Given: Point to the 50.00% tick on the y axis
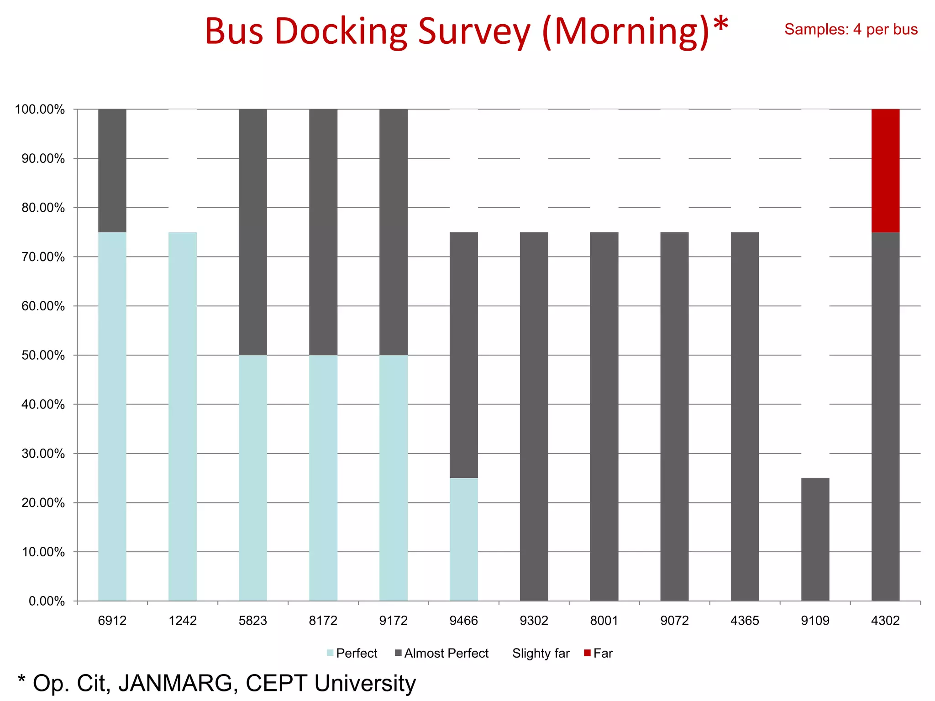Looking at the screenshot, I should click(x=43, y=355).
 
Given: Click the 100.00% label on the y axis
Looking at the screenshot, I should click(x=40, y=110).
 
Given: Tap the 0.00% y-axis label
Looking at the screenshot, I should click(x=47, y=601).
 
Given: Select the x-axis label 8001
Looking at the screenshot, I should click(x=604, y=621).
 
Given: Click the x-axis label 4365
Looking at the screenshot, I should click(x=745, y=621).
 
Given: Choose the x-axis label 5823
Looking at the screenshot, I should click(x=252, y=621).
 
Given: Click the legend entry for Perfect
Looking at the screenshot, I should click(x=356, y=653).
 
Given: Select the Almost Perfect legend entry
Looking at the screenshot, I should click(x=446, y=653).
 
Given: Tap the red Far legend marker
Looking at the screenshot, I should click(x=587, y=653).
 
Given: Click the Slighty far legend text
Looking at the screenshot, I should click(x=541, y=653).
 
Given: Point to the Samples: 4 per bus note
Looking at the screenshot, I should click(x=851, y=29).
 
